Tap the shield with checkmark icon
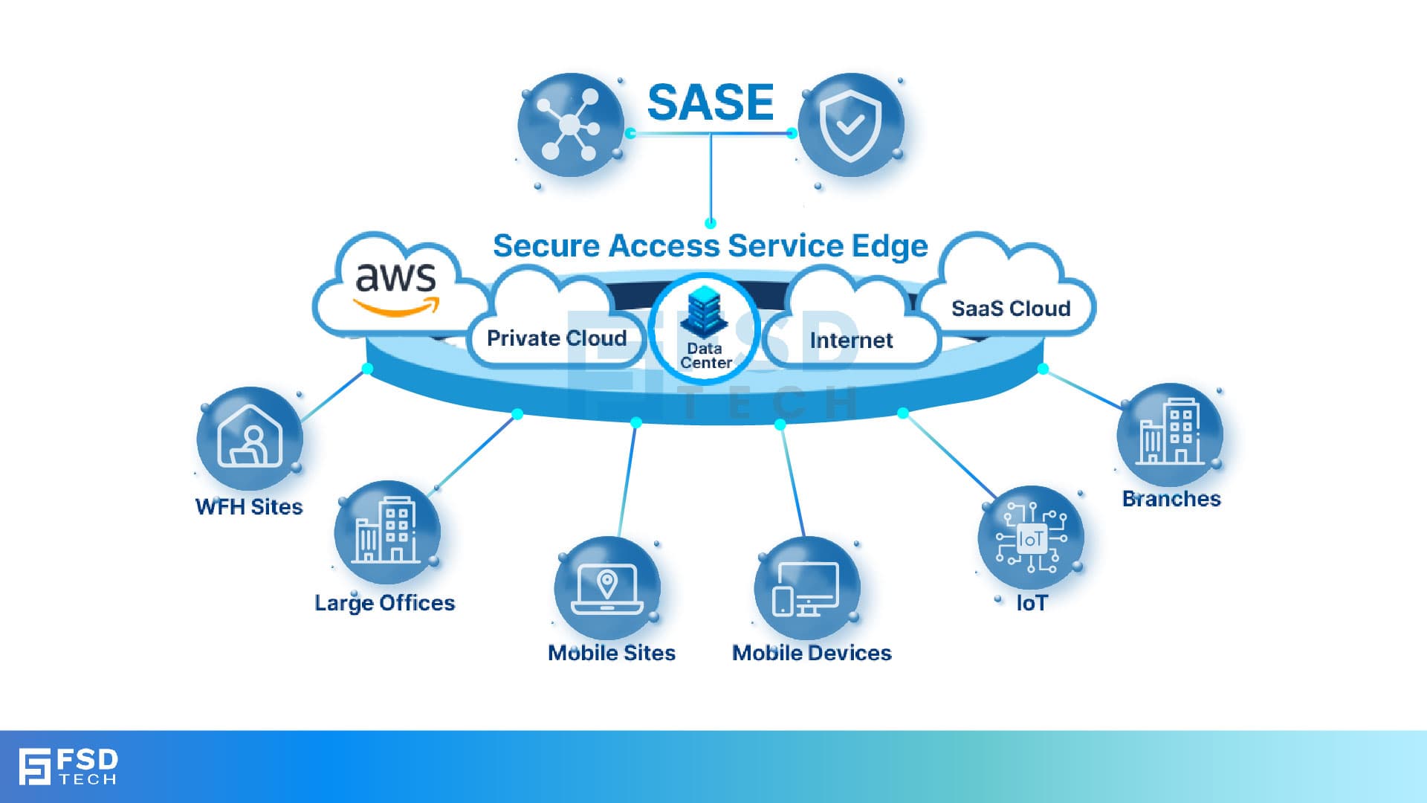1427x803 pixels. point(850,125)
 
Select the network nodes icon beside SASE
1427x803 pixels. point(569,125)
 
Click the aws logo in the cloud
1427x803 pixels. point(395,286)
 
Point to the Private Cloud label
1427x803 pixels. point(557,338)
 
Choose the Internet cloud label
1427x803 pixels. point(851,341)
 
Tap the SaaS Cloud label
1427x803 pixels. point(1011,309)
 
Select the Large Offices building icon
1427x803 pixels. point(386,532)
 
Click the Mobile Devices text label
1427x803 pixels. point(812,653)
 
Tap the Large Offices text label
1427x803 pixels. point(384,602)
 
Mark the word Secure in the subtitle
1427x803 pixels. point(546,246)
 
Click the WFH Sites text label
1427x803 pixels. point(249,507)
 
